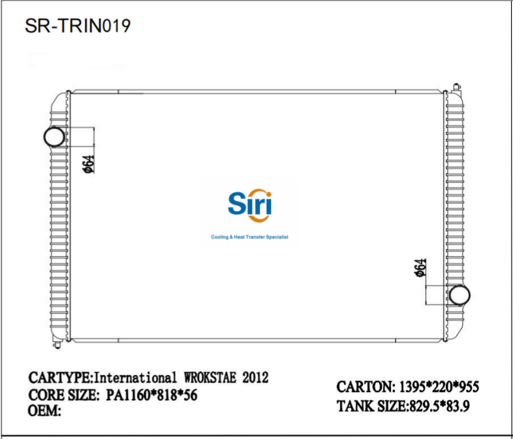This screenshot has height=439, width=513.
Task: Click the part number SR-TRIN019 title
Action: pos(78,25)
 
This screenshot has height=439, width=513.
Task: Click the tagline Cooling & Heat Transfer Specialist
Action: pos(249,237)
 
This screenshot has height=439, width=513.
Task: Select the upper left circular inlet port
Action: pos(54,137)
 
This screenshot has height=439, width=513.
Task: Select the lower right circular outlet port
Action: pos(461,295)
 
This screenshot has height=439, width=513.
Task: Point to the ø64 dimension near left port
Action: pos(89,163)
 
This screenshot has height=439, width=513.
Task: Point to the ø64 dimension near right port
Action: pos(421,268)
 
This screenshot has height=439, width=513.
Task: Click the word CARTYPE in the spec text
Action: pos(61,378)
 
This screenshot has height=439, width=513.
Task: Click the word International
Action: pos(136,378)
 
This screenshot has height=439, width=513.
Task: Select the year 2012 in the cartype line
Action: pos(255,378)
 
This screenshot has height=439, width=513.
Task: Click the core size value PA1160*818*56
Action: pos(151,395)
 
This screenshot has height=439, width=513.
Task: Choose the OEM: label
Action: pos(45,412)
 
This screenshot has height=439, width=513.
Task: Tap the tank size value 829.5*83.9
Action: pos(440,407)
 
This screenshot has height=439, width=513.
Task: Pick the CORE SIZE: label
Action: pos(63,395)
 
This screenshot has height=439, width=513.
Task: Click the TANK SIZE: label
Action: pos(372,407)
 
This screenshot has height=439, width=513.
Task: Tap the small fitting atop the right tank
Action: pos(454,86)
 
